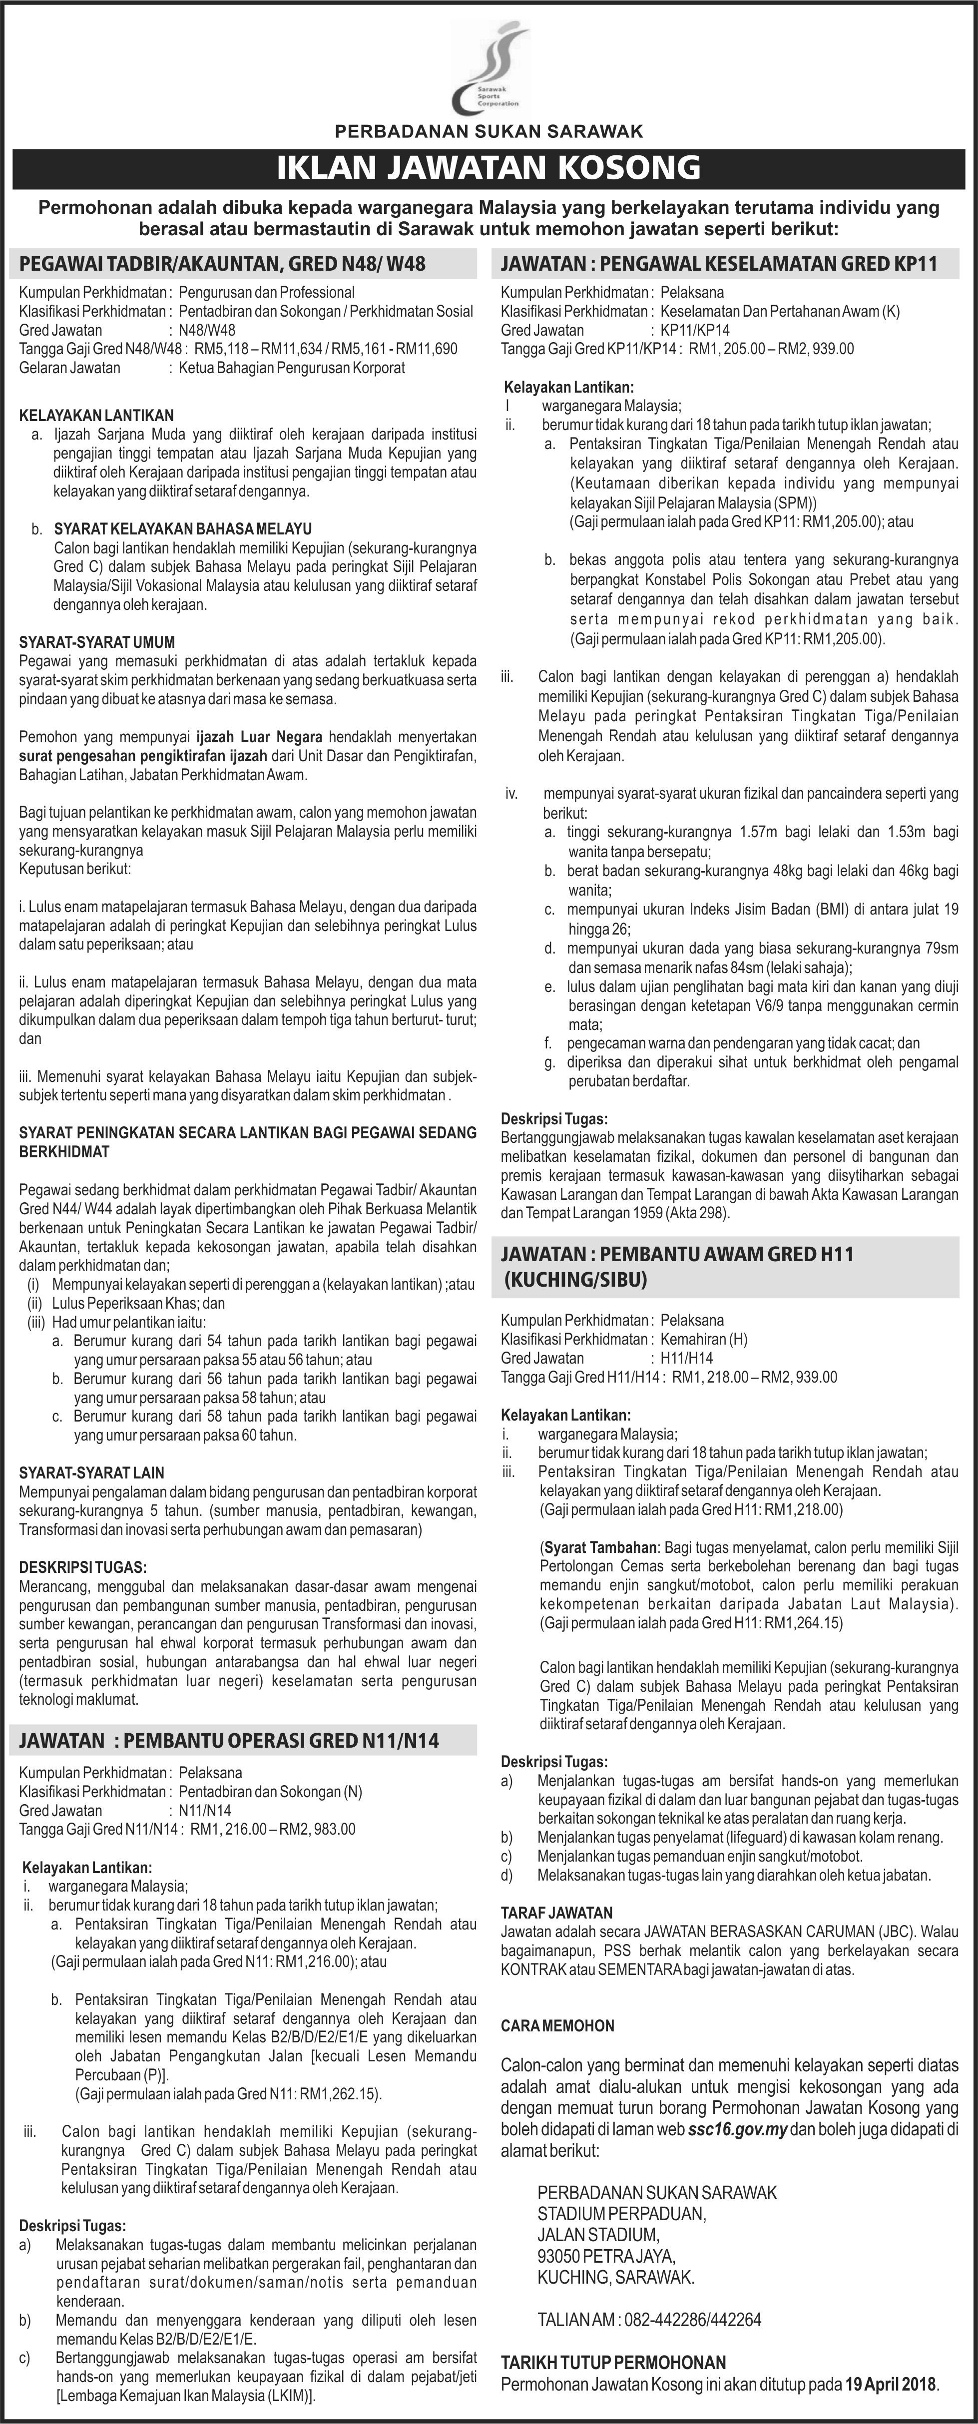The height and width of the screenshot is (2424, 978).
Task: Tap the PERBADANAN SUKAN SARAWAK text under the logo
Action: pyautogui.click(x=489, y=132)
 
